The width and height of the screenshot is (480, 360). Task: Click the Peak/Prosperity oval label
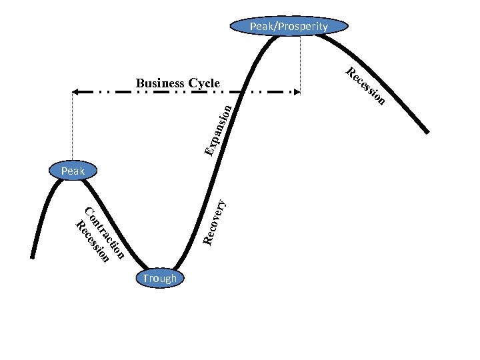point(289,27)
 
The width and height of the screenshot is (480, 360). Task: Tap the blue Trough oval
point(159,278)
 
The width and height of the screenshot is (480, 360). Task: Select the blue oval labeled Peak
point(73,171)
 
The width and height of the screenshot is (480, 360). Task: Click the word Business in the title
point(160,83)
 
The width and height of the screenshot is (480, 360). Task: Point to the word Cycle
point(204,83)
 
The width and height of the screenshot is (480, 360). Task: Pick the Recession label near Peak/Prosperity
point(365,87)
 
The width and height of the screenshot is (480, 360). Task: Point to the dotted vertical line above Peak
point(71,127)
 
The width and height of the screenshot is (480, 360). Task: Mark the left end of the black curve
point(33,256)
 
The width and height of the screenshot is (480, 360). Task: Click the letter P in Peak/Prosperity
point(253,27)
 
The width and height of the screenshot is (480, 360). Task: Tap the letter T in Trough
point(144,278)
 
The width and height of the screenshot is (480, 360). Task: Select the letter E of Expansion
point(209,153)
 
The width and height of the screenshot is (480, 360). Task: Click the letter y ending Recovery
point(224,197)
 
